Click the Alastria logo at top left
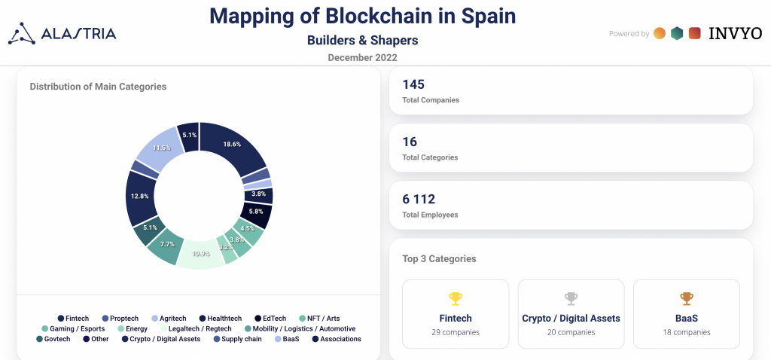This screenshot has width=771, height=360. pyautogui.click(x=62, y=33)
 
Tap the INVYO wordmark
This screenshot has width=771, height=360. pyautogui.click(x=735, y=33)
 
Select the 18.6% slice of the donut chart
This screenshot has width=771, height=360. pyautogui.click(x=233, y=144)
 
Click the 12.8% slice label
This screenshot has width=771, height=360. pyautogui.click(x=139, y=196)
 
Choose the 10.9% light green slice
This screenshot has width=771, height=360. pyautogui.click(x=200, y=254)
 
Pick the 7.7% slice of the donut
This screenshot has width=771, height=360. pyautogui.click(x=166, y=244)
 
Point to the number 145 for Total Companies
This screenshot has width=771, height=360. pyautogui.click(x=413, y=84)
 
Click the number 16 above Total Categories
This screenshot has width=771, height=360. pyautogui.click(x=410, y=142)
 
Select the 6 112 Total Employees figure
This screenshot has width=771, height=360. pyautogui.click(x=419, y=199)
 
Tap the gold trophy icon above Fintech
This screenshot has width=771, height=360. pyautogui.click(x=456, y=298)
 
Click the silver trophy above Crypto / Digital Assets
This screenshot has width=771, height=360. pyautogui.click(x=571, y=298)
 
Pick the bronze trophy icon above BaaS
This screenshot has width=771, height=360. pyautogui.click(x=686, y=298)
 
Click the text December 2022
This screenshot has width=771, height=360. pyautogui.click(x=362, y=57)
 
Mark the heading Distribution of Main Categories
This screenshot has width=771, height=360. pyautogui.click(x=98, y=87)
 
